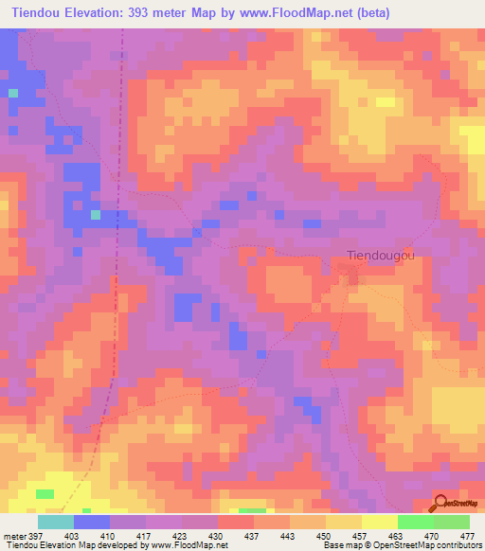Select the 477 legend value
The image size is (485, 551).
467,535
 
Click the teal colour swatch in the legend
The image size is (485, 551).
56,522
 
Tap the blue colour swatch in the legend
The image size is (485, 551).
92,522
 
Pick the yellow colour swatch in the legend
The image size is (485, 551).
380,522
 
